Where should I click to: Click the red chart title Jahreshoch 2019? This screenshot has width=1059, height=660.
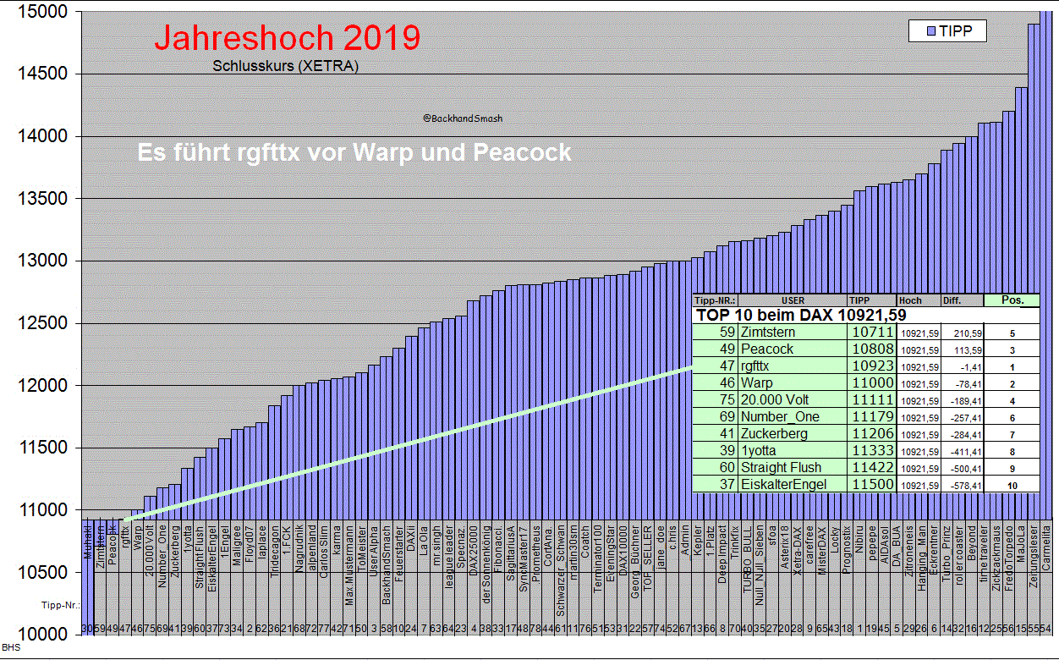(287, 38)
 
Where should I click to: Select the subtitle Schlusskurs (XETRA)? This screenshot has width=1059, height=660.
(285, 66)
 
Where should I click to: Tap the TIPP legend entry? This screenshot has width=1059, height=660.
(947, 31)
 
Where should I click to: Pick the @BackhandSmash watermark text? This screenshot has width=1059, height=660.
(462, 118)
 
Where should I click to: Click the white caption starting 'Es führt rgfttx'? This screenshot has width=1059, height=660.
(354, 153)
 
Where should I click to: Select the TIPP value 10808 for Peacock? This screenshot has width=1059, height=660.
(871, 349)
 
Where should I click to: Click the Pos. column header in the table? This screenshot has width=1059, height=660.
(1012, 300)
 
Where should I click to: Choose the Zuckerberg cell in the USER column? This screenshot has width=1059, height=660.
(773, 434)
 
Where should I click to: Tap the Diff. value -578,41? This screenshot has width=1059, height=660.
(962, 485)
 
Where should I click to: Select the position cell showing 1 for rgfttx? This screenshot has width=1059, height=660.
(1012, 367)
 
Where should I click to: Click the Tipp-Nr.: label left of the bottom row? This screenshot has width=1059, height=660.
(60, 606)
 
